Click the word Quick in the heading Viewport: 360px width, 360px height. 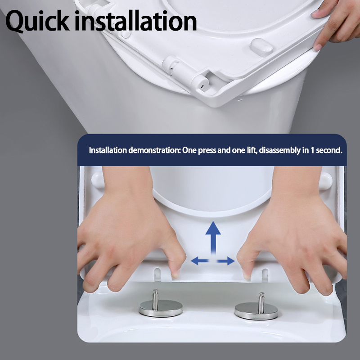pyautogui.click(x=37, y=21)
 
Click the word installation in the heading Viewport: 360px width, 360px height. pyautogui.click(x=136, y=21)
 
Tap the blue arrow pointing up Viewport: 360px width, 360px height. pyautogui.click(x=213, y=238)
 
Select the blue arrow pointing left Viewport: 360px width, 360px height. pyautogui.click(x=199, y=261)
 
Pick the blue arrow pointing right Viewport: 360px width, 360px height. pyautogui.click(x=226, y=261)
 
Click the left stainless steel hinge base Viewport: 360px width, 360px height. pyautogui.click(x=161, y=308)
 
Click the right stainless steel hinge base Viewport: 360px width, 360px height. pyautogui.click(x=256, y=311)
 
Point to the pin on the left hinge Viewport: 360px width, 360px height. pyautogui.click(x=155, y=299)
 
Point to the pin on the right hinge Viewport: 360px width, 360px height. pyautogui.click(x=261, y=302)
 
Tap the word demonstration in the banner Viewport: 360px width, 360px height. pyautogui.click(x=154, y=150)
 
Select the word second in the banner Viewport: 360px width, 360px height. pyautogui.click(x=329, y=150)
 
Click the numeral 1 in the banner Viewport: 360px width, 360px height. pyautogui.click(x=312, y=150)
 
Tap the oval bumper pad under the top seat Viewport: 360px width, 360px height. pyautogui.click(x=262, y=47)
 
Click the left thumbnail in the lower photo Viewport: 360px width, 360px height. pyautogui.click(x=175, y=274)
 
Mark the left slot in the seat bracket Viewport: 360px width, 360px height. pyautogui.click(x=157, y=274)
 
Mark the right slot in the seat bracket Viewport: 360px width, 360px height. pyautogui.click(x=265, y=275)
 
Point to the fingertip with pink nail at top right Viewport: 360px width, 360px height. pyautogui.click(x=318, y=47)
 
